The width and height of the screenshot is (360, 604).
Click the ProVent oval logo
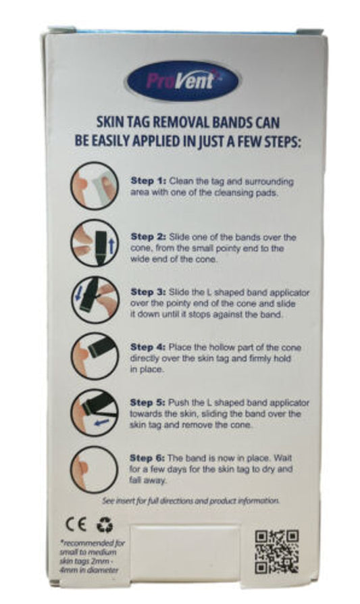[182, 81]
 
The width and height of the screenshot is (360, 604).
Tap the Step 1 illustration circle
[95, 186]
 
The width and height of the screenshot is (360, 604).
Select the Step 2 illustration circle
[95, 243]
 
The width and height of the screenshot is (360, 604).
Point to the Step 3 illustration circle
[95, 300]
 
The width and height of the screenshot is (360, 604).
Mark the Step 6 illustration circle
[95, 469]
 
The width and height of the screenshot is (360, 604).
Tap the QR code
[276, 551]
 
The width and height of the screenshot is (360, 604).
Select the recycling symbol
[104, 524]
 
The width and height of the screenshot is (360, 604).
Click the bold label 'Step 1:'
[148, 180]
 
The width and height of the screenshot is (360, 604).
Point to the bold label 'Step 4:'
[148, 347]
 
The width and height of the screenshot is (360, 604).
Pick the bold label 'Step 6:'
[147, 458]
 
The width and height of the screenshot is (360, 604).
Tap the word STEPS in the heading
[281, 141]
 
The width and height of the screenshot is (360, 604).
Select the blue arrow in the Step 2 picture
[111, 246]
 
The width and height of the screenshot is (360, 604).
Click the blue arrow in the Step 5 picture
[101, 423]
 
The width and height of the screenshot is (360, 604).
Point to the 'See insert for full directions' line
[190, 501]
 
